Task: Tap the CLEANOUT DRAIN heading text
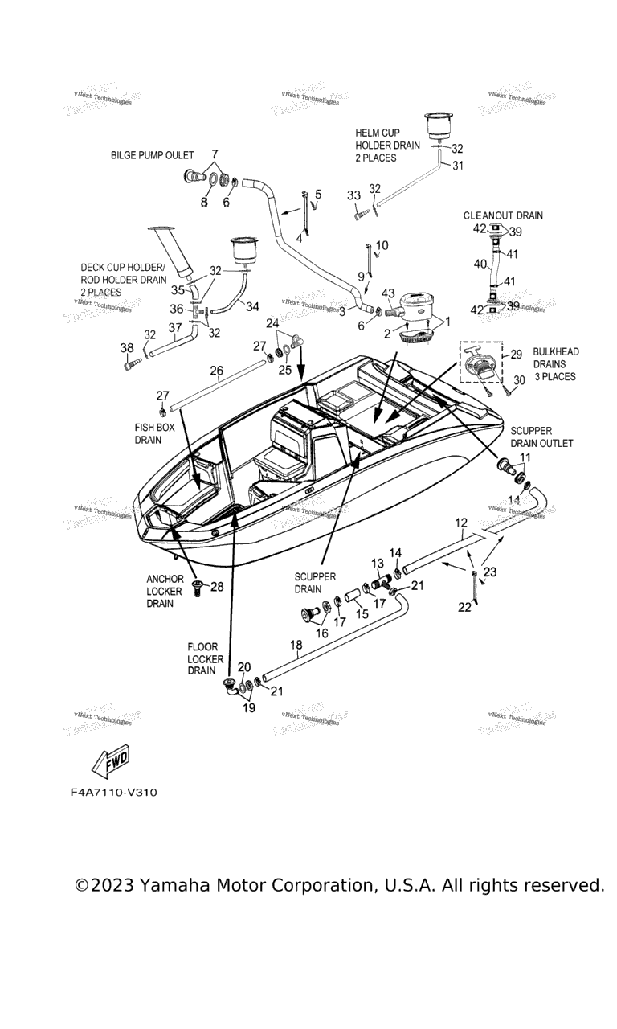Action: [503, 215]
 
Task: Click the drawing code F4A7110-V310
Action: [113, 793]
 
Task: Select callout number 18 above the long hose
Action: [296, 645]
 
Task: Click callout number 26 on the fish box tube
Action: [216, 371]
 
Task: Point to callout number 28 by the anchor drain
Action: [217, 587]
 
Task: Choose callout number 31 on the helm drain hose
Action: [458, 166]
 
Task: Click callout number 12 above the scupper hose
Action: [460, 523]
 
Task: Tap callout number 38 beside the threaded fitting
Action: [127, 348]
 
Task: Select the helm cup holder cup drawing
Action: [435, 127]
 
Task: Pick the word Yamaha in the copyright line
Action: [174, 885]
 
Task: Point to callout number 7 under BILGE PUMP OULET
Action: [215, 153]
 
